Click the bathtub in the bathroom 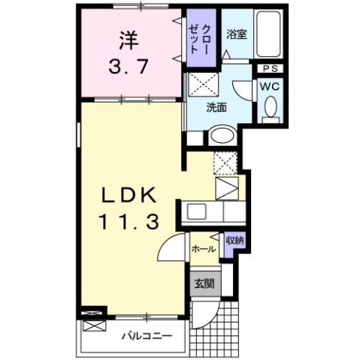(x=268, y=34)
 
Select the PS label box (x=269, y=70)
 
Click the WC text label (x=269, y=86)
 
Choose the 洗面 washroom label (x=217, y=107)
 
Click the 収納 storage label (x=234, y=241)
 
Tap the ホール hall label (x=204, y=249)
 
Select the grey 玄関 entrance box (x=204, y=283)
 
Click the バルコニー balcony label (x=147, y=335)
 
